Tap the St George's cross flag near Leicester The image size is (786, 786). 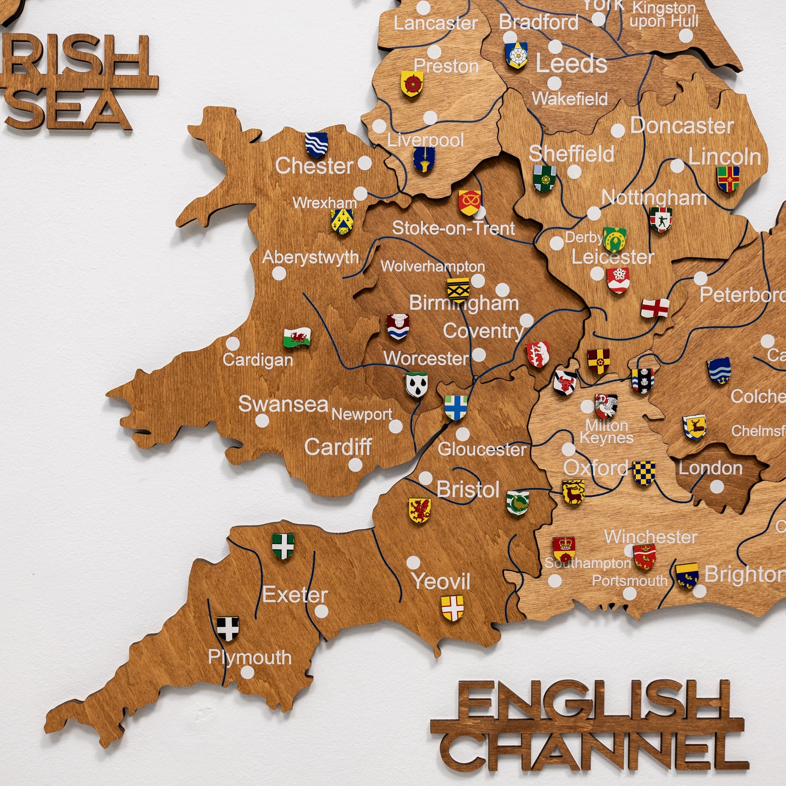(655, 308)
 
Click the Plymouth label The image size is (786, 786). (250, 657)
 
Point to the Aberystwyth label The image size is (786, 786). (310, 257)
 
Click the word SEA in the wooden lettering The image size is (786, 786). (69, 109)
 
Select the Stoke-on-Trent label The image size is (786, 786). (453, 228)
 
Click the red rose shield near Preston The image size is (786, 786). (412, 83)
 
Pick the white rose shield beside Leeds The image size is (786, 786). (516, 55)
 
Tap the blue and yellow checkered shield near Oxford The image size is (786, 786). (644, 473)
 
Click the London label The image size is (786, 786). (710, 468)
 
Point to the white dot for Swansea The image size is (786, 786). (263, 421)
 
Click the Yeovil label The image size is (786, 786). (441, 581)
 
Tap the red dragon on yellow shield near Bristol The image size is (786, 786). (419, 510)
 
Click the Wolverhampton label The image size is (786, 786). (432, 266)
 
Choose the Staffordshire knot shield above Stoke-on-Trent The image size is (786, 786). (470, 202)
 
